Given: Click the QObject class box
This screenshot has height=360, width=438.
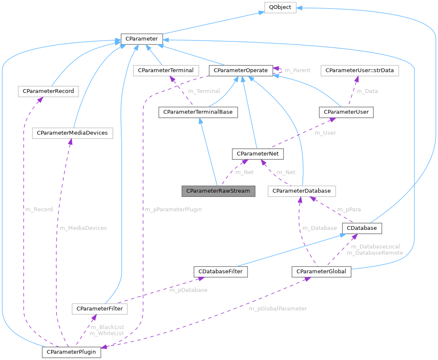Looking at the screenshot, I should tap(280, 8).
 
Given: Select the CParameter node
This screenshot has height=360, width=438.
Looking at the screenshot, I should tap(141, 39).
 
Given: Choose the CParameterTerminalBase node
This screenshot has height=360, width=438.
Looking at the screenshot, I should tap(198, 112).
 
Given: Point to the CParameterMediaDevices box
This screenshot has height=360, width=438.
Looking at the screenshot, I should tap(72, 133).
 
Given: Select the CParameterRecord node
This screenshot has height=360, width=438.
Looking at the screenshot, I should tap(48, 91).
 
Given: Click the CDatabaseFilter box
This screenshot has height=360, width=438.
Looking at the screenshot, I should tap(220, 271).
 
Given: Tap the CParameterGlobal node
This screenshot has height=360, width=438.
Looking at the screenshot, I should tap(321, 271).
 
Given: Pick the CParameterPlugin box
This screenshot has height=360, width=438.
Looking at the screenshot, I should tap(71, 352).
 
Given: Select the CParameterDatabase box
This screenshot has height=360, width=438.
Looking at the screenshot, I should tap(302, 191).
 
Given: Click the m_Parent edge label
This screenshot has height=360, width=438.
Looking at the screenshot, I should tap(297, 70).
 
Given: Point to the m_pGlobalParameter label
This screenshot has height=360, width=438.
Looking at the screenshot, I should tap(277, 308).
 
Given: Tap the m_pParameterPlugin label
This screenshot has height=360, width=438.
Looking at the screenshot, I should tap(173, 209).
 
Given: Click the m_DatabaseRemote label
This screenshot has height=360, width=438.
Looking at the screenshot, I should tap(375, 253).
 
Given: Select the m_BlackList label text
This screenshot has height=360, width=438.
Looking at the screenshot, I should tap(106, 327).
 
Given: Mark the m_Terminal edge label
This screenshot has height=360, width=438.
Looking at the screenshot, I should tap(204, 91).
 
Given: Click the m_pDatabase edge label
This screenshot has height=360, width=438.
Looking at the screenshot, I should tap(188, 290).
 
